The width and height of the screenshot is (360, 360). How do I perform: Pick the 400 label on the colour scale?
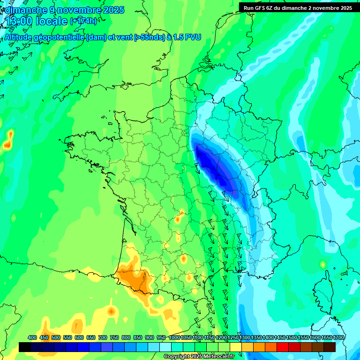point(32,338)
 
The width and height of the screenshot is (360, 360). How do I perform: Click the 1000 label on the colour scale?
point(174,338)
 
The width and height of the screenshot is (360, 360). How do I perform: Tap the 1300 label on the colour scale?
point(245,338)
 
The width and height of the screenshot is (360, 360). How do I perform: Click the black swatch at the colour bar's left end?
point(25,347)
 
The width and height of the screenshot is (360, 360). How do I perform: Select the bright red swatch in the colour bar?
point(282,347)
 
